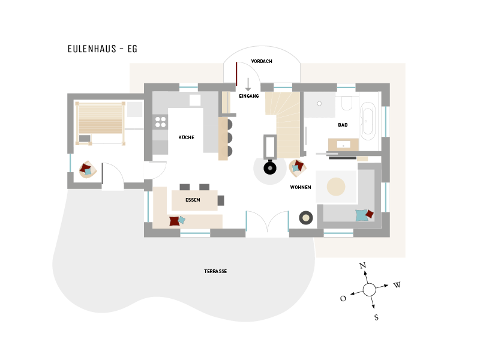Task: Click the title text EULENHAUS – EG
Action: tap(102, 49)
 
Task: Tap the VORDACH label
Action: tap(262, 61)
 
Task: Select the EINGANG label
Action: tap(249, 96)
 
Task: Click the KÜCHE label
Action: tap(186, 137)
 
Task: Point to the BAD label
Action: tap(343, 125)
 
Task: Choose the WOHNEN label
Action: tap(301, 187)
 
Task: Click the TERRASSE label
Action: tap(215, 271)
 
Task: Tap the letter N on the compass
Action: tap(363, 265)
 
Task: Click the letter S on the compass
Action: tap(376, 317)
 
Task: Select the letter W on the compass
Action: tap(397, 285)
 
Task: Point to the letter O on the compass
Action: tap(343, 298)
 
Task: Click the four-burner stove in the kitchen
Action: tap(160, 122)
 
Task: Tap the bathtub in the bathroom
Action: tap(368, 121)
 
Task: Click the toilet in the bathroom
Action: tap(347, 103)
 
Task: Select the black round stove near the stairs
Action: tap(270, 168)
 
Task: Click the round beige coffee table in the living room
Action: tap(336, 187)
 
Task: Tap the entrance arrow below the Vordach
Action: tap(248, 85)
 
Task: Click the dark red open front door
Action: tap(236, 74)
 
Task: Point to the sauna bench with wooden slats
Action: tap(100, 119)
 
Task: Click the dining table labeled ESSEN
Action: tap(194, 200)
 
